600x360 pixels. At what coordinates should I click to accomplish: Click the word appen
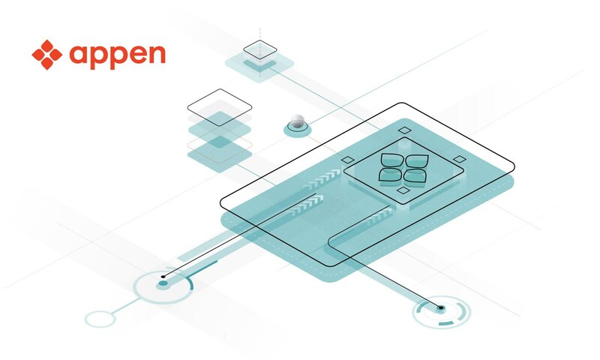(x=116, y=55)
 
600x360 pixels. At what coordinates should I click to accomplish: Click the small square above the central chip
(x=404, y=131)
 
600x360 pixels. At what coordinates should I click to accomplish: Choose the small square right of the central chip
(x=458, y=159)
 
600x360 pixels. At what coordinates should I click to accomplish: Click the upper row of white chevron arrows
(x=321, y=181)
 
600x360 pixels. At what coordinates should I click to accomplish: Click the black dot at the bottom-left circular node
(x=163, y=277)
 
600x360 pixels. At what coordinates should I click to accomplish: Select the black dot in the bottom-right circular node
(x=441, y=307)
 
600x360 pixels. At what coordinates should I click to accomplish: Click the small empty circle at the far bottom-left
(x=99, y=318)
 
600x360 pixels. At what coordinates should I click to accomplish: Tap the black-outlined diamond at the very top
(x=261, y=49)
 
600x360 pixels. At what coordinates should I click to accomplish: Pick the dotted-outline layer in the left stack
(x=218, y=140)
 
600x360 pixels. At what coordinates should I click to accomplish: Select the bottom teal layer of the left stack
(x=218, y=155)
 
